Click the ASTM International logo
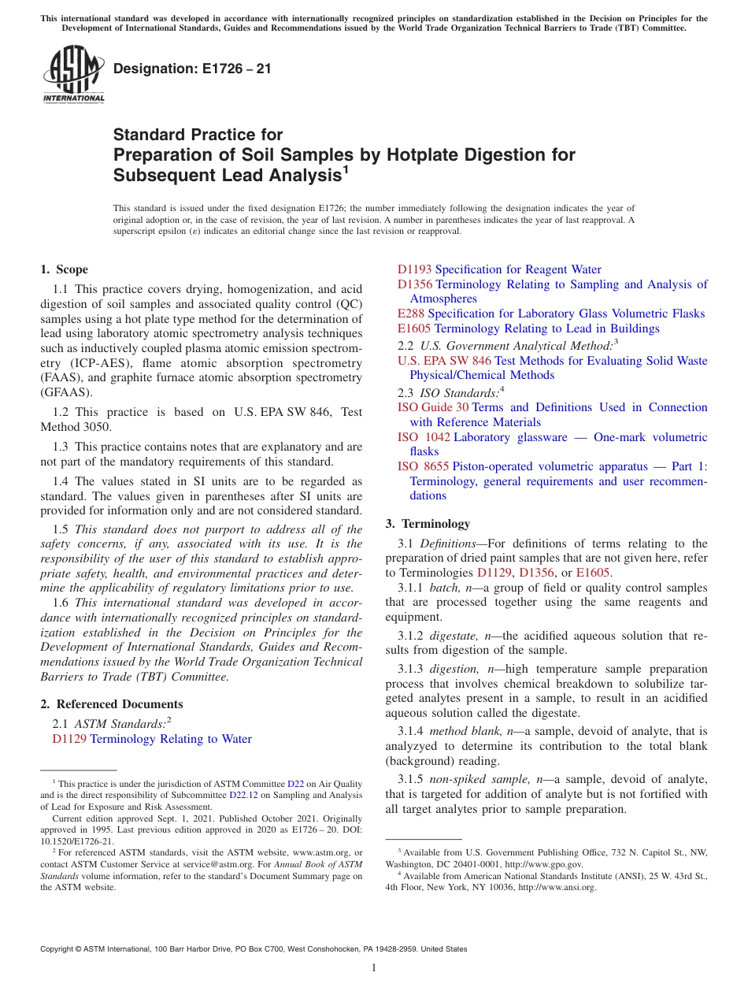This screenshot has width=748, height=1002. click(72, 74)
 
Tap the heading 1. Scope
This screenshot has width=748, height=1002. click(65, 269)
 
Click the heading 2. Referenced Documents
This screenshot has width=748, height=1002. click(111, 704)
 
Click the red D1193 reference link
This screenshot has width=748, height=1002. click(414, 269)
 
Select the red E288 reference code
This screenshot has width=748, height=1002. click(411, 314)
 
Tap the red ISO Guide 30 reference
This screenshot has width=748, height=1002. click(432, 407)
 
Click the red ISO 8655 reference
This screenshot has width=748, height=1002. click(423, 466)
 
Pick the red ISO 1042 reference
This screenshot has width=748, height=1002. click(423, 437)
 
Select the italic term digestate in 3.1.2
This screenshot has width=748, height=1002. click(454, 635)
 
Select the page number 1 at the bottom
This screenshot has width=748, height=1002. click(374, 968)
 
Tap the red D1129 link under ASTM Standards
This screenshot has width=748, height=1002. click(69, 739)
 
